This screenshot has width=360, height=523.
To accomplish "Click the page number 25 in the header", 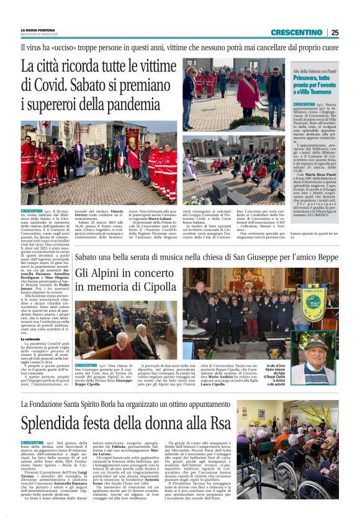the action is [x=335, y=32].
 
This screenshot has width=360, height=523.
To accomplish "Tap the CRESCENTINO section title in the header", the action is [x=297, y=32].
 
